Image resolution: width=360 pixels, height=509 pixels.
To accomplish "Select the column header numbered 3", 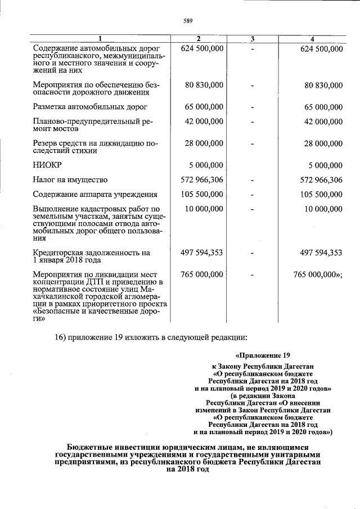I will tap(253, 38).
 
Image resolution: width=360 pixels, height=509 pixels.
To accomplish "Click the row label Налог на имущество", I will tap(70, 180).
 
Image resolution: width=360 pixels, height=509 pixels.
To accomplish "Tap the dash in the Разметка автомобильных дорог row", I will tap(253, 106).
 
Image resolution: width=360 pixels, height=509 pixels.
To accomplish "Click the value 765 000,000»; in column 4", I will tap(318, 274).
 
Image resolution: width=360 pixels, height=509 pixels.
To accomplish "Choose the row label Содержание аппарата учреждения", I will tap(95, 195).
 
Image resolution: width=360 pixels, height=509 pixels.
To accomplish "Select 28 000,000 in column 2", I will tap(204, 143).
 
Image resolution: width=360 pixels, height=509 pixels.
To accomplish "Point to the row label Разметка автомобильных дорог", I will tap(90, 106).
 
